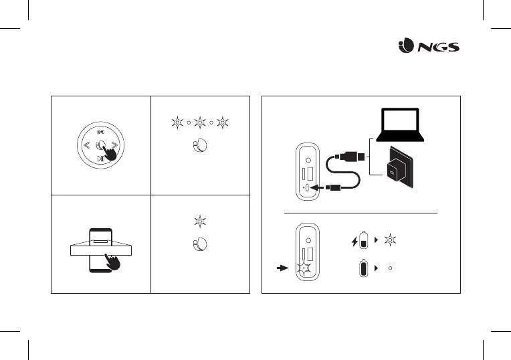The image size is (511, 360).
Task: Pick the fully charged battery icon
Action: (x=364, y=268)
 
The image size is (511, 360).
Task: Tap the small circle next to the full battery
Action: (x=390, y=268)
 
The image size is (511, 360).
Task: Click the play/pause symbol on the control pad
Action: (x=101, y=159)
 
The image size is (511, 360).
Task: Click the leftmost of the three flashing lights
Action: (x=177, y=123)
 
